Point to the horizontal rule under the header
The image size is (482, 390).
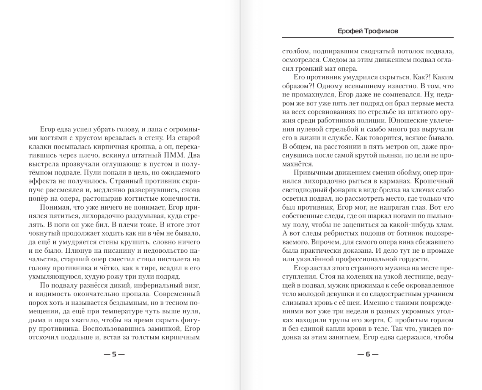point(368,38)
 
